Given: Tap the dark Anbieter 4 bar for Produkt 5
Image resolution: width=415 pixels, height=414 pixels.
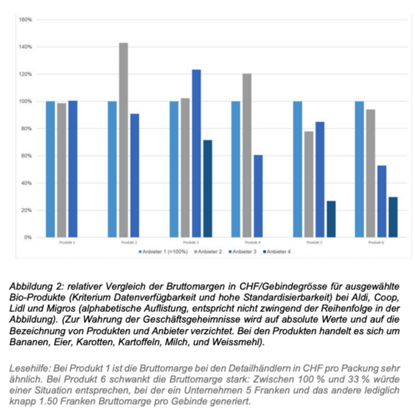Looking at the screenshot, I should point(331,219).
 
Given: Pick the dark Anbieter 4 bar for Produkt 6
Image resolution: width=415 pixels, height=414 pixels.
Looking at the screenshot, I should point(393,217).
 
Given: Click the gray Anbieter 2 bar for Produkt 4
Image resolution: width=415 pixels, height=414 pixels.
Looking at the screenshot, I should point(247,155).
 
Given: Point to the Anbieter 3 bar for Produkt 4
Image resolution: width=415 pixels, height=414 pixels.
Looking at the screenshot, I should point(258,196).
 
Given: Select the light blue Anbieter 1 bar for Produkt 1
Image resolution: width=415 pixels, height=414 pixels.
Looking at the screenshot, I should point(50,169).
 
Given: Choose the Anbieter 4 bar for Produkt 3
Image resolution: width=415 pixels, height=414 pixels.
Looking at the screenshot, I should point(207,189).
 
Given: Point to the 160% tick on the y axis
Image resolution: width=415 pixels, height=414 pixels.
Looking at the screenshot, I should point(25,20).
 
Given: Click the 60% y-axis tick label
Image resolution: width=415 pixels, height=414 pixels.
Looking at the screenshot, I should point(26,156).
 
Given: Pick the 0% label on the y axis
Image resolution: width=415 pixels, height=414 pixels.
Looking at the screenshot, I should point(28,238).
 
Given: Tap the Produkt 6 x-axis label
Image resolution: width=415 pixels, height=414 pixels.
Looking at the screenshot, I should point(376,243).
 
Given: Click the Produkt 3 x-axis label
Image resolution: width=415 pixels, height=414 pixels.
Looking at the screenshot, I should point(191,243).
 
